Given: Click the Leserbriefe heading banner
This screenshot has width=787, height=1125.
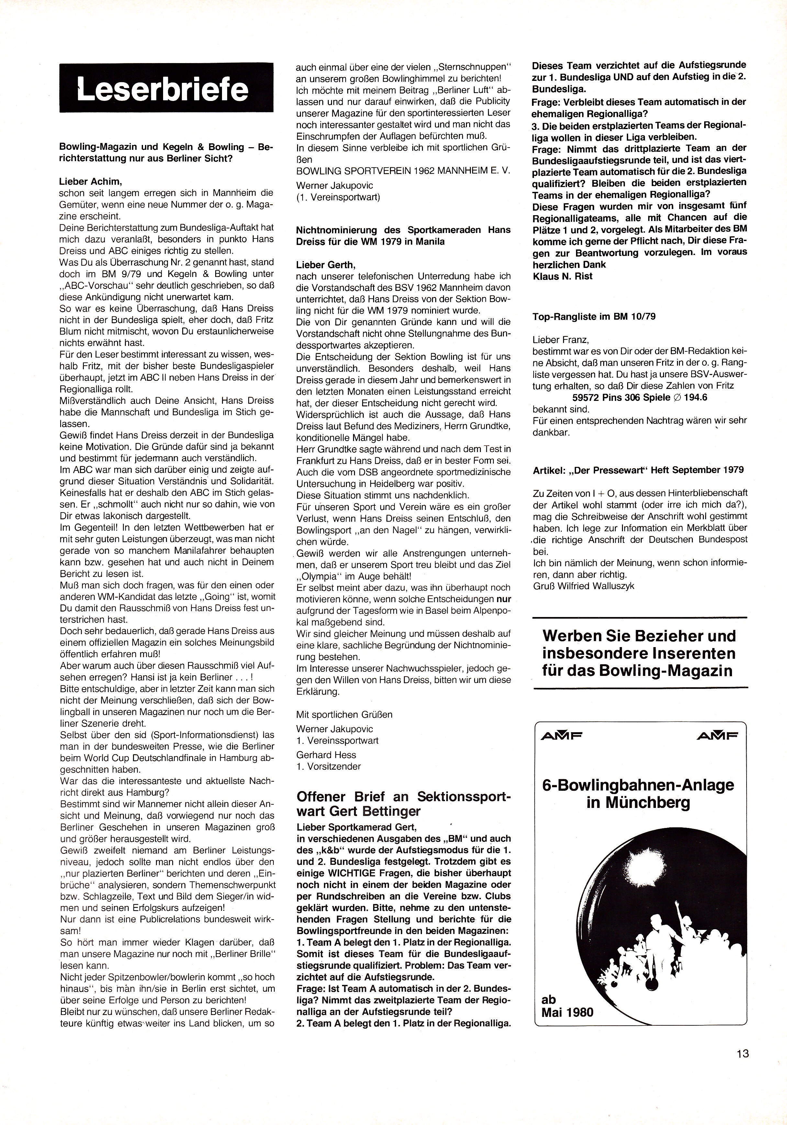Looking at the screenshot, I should [x=166, y=88].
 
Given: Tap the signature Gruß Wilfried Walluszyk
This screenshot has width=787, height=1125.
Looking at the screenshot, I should [x=584, y=586].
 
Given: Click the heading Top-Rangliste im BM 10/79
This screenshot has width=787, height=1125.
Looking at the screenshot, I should [x=594, y=316].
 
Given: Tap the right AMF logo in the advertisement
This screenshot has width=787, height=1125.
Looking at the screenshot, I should [x=718, y=735].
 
